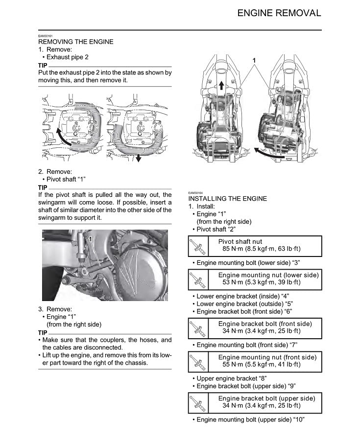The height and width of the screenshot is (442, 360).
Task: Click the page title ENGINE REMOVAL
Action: click(279, 13)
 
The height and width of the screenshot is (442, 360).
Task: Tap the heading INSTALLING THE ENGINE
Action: click(228, 199)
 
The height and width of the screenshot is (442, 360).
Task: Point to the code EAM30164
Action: click(195, 193)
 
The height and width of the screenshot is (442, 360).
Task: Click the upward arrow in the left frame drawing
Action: click(221, 86)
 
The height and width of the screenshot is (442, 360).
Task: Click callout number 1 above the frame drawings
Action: click(254, 60)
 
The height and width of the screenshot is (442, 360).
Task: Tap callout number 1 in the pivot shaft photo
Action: click(91, 238)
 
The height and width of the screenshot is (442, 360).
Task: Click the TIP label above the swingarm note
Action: click(43, 187)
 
